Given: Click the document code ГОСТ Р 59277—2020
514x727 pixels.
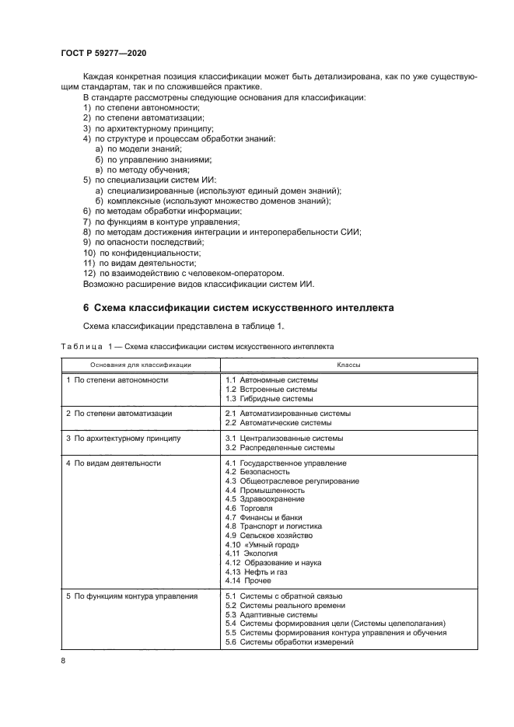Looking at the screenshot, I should click(103, 52).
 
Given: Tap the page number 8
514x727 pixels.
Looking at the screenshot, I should click(62, 662).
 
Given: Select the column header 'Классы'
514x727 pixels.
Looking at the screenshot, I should click(348, 364).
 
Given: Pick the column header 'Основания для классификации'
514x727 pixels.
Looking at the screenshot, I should click(141, 364).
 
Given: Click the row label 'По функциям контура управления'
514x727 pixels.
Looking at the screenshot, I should click(131, 596).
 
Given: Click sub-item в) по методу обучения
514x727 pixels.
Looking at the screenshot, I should click(142, 169).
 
